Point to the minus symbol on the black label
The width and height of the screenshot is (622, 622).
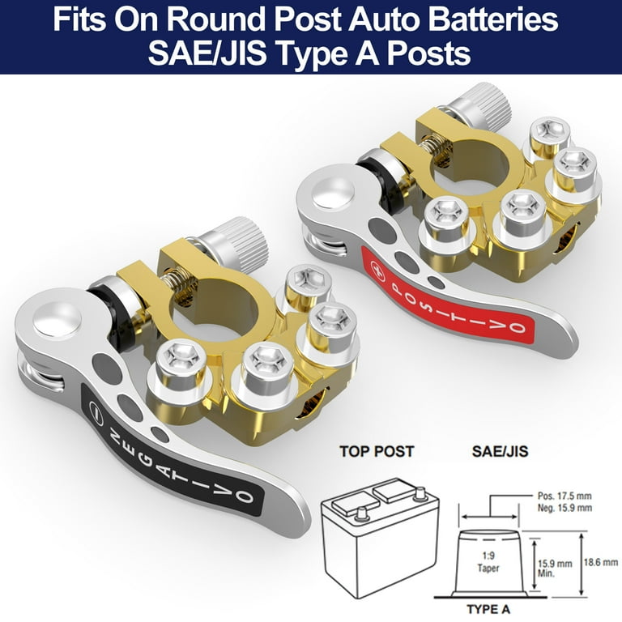pos(96,408)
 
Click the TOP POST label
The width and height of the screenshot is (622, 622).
pos(377,451)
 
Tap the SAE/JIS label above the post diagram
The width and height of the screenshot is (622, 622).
pos(500,451)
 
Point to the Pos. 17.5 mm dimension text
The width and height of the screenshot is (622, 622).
pos(564,496)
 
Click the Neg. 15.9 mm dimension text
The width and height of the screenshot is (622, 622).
pos(564,508)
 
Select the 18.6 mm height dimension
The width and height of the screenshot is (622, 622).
pos(601,562)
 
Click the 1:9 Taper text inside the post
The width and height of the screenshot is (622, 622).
pos(488,562)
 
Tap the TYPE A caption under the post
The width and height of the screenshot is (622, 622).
pos(488,609)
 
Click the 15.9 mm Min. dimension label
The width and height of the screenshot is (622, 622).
pos(555,568)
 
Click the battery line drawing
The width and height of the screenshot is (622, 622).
pos(381,538)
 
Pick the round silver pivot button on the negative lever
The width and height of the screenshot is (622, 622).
pos(57,319)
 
